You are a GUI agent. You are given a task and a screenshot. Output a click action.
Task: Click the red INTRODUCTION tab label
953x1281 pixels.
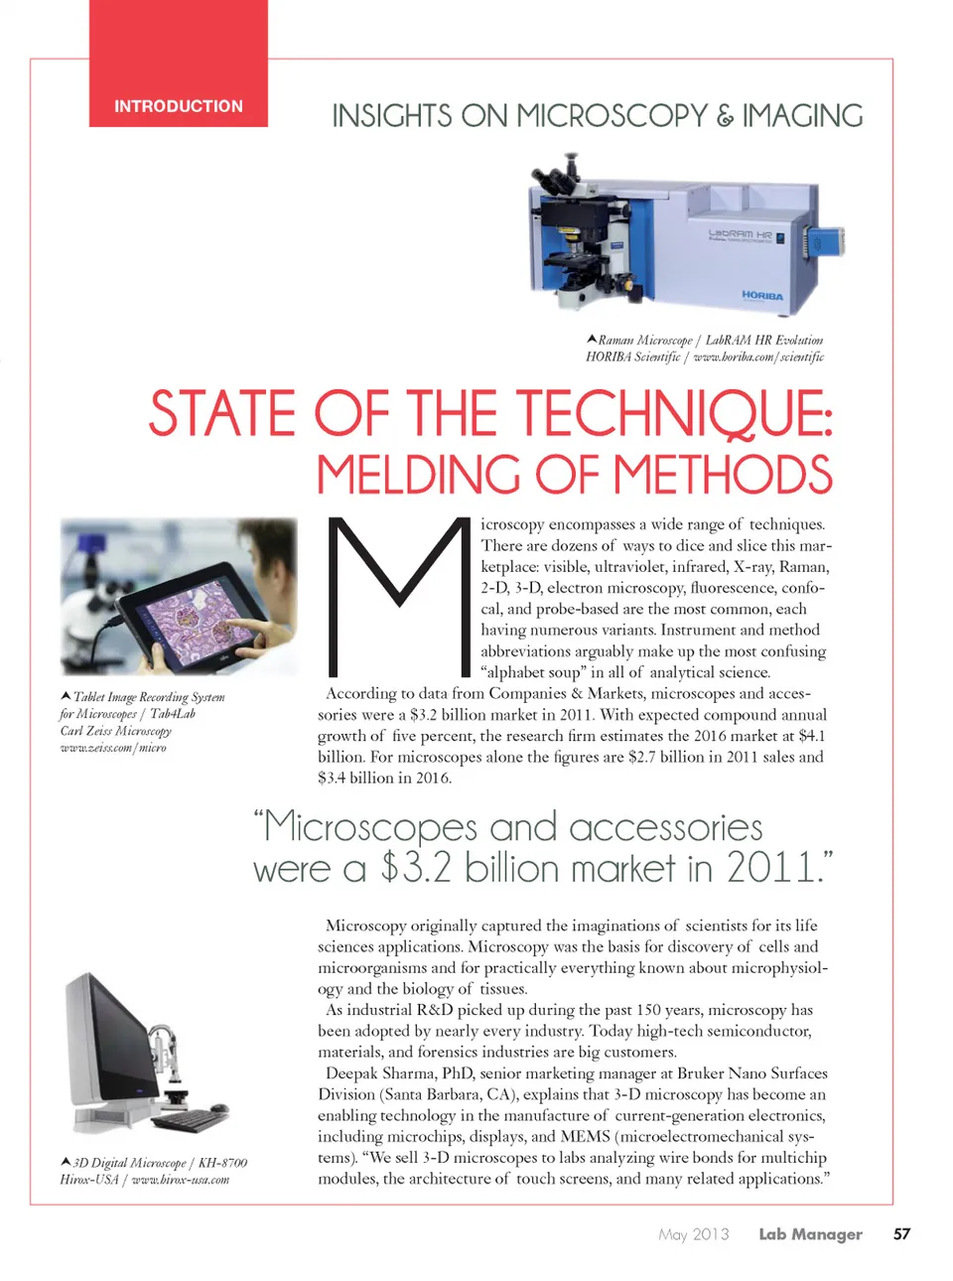[x=179, y=106]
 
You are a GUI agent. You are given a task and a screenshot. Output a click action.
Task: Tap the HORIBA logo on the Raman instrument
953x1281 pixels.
[x=762, y=296]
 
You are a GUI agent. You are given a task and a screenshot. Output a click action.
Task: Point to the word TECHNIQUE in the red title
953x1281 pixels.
[x=672, y=414]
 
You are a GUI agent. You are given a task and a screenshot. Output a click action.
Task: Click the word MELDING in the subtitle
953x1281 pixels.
[x=418, y=475]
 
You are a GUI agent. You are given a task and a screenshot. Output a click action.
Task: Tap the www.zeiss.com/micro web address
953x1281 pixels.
[x=113, y=748]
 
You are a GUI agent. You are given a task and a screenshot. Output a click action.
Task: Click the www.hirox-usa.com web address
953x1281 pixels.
[x=181, y=1180]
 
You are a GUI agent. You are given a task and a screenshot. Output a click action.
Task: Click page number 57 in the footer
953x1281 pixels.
[x=901, y=1234]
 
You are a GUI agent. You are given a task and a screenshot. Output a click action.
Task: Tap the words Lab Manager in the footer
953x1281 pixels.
[x=810, y=1234]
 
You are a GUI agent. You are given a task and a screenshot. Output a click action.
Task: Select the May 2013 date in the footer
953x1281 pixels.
[x=693, y=1234]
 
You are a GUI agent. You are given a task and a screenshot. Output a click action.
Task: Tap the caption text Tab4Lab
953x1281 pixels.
[x=173, y=714]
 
